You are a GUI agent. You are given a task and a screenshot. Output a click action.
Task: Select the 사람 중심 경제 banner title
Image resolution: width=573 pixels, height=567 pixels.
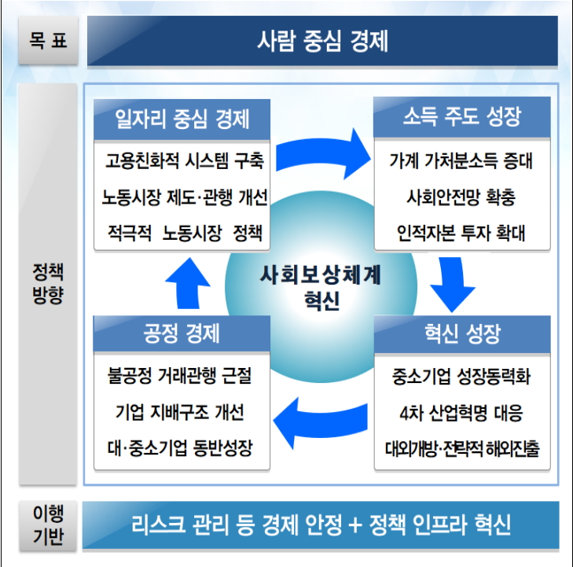[x=322, y=41]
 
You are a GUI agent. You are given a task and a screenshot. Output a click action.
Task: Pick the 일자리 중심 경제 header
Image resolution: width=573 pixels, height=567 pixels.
[x=182, y=119]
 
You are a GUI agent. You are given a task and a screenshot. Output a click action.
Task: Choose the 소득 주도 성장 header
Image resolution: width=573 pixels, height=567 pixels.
[x=461, y=119]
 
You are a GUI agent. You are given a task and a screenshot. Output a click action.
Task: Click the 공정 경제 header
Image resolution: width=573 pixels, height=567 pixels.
[x=182, y=334]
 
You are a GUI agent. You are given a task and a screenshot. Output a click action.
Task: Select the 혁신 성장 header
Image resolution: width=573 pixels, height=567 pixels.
[x=461, y=334]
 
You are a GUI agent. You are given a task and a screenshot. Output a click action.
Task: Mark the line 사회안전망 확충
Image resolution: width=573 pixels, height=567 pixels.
[x=461, y=197]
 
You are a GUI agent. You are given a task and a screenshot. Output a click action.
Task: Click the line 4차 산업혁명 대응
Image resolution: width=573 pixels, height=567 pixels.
[x=461, y=413]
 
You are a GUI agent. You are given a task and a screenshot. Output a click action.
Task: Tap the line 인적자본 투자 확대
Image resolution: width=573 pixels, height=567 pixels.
[x=461, y=234]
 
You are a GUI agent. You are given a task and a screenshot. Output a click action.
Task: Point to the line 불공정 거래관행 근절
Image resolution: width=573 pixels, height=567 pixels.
[x=182, y=377]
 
